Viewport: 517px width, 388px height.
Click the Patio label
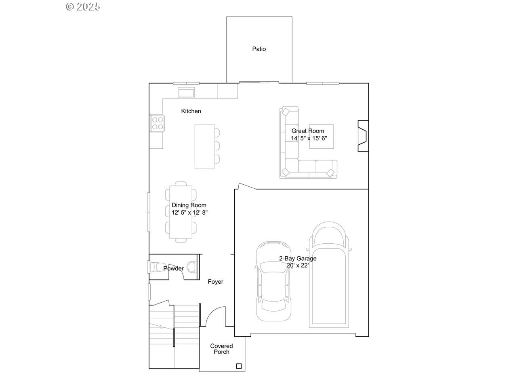pos(259,49)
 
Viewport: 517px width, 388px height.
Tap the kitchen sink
pos(186,92)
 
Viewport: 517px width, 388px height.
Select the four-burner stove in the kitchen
pos(158,123)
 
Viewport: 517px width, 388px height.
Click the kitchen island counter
pos(205,146)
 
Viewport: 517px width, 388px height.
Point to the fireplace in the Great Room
pos(363,136)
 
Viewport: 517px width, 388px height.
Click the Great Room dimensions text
pos(309,138)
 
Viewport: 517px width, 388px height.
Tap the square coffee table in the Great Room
pos(321,136)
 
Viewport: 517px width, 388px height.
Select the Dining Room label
pos(189,205)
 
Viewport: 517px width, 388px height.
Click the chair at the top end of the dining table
pos(181,183)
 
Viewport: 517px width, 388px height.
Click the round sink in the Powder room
pos(191,267)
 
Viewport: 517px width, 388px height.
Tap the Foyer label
pos(216,282)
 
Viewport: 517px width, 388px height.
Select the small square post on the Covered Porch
pos(239,366)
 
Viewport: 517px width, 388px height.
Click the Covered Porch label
pos(221,349)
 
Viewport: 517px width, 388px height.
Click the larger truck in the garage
pos(329,274)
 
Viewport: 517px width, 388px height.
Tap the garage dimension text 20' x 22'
pos(298,266)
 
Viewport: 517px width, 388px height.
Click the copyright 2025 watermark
pos(83,6)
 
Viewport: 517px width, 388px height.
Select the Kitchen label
pos(191,111)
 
